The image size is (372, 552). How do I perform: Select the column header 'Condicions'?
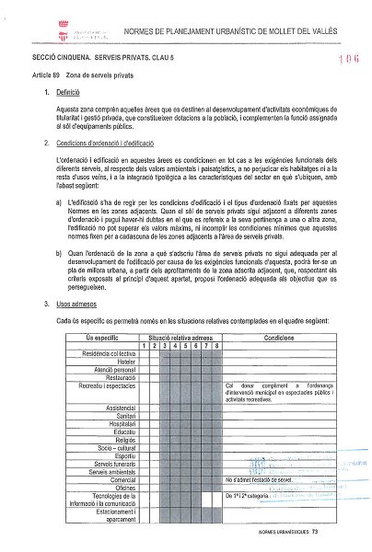(279, 338)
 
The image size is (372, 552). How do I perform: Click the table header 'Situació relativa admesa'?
(181, 338)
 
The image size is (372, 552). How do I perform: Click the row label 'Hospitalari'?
(118, 421)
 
